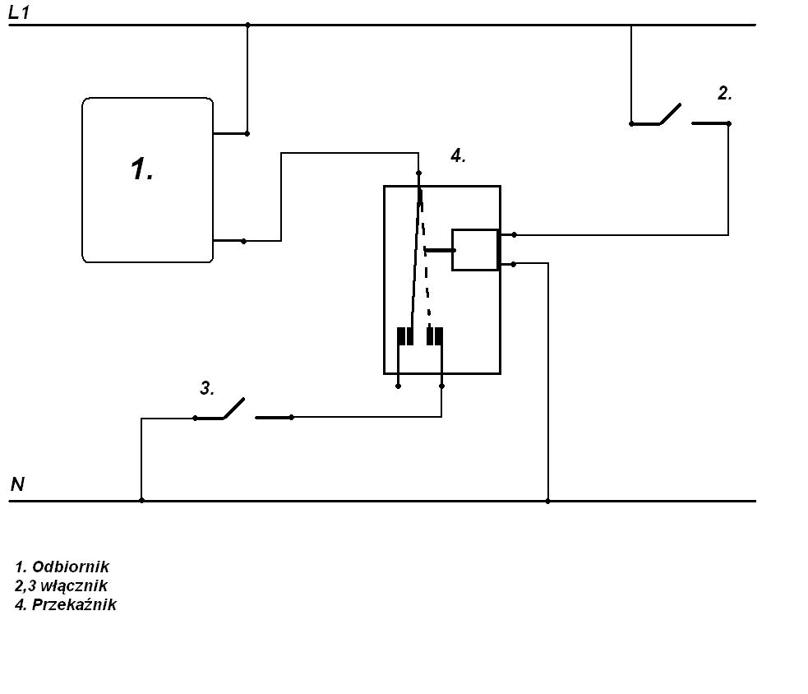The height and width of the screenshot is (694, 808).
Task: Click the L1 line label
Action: [x=19, y=12]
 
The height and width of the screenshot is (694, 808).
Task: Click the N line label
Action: [x=17, y=484]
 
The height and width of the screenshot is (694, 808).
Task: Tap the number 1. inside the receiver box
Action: [x=141, y=169]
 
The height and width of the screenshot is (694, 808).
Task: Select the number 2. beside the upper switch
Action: [x=724, y=93]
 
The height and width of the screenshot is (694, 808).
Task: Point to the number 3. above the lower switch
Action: [x=207, y=388]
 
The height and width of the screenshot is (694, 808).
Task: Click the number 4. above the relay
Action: [x=458, y=155]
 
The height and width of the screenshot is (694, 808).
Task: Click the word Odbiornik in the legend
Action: [x=71, y=567]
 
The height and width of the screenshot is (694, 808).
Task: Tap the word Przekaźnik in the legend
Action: [x=74, y=604]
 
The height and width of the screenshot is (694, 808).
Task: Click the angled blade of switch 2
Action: [x=670, y=114]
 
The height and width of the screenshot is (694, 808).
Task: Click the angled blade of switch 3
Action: [x=234, y=408]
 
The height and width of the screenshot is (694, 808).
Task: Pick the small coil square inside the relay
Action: [x=475, y=249]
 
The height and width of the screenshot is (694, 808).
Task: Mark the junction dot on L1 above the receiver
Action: [x=247, y=25]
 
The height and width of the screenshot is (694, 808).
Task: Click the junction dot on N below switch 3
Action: [x=141, y=500]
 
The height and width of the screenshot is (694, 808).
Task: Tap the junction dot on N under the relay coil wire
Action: [x=547, y=501]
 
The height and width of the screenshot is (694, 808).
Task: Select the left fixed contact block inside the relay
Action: [x=405, y=336]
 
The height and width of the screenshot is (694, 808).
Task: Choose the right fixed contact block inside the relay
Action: [x=434, y=336]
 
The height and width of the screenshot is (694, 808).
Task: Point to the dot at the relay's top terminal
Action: [x=418, y=173]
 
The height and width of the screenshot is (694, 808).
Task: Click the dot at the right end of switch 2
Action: [x=728, y=123]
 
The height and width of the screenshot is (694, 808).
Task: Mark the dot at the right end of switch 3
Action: [x=291, y=417]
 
